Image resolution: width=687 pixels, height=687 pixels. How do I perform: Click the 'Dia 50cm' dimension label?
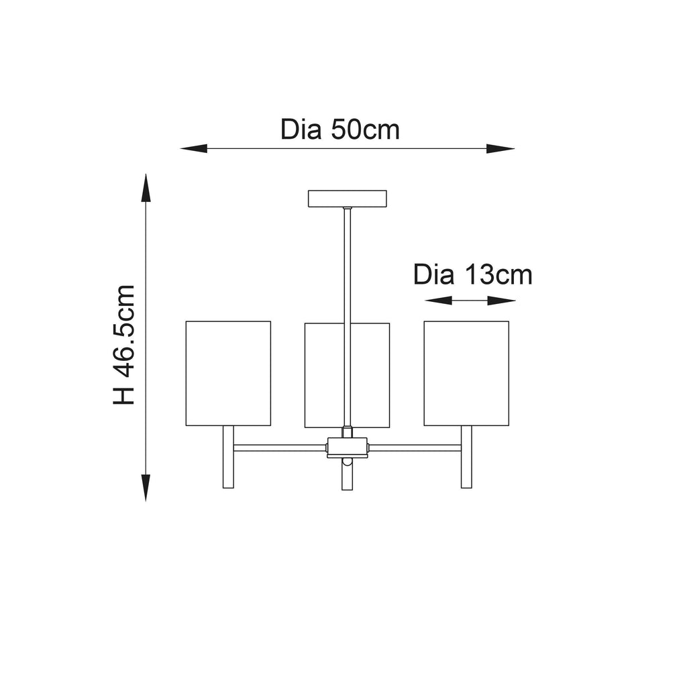click(x=340, y=129)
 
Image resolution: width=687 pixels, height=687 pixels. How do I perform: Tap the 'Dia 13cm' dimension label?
click(x=473, y=275)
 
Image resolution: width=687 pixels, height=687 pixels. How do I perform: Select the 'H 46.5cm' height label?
click(x=124, y=344)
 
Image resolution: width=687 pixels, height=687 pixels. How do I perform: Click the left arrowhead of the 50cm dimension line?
click(x=194, y=148)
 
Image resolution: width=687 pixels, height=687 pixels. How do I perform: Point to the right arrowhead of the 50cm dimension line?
click(x=500, y=148)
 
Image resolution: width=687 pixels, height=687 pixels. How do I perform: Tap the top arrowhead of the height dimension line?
click(x=146, y=188)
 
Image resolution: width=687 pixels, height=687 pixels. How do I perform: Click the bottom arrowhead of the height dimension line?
click(x=146, y=488)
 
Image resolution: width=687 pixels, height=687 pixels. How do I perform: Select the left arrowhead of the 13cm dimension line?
click(x=438, y=301)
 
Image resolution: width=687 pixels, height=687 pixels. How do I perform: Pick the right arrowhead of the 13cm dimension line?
click(x=501, y=301)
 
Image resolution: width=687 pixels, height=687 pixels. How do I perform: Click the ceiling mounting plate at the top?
click(x=348, y=199)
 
